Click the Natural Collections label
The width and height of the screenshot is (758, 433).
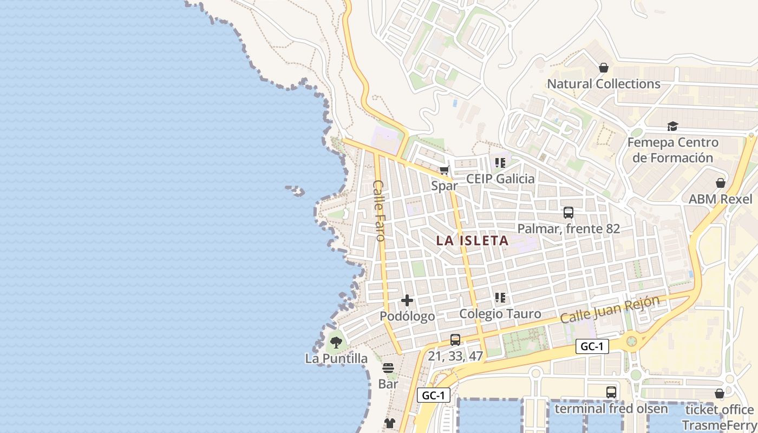click(x=603, y=84)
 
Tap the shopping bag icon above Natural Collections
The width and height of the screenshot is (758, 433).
click(x=604, y=68)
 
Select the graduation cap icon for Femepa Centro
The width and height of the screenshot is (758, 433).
click(x=672, y=126)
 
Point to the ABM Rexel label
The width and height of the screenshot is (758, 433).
click(x=720, y=199)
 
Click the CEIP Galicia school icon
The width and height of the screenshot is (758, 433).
click(x=500, y=162)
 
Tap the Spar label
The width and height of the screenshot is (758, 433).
click(x=444, y=186)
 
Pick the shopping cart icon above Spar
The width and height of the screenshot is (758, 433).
click(x=444, y=170)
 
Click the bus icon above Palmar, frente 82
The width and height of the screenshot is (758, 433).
click(x=568, y=213)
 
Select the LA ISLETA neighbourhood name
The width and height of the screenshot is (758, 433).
click(x=472, y=241)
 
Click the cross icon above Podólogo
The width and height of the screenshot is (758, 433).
click(x=407, y=300)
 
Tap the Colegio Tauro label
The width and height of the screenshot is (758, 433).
click(x=500, y=314)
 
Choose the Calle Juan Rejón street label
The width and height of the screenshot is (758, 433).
click(x=610, y=310)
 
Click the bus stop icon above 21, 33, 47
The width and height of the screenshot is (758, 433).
click(x=455, y=340)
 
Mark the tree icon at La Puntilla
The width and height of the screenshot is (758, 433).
click(x=336, y=343)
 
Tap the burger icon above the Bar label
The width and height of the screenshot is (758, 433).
click(x=388, y=369)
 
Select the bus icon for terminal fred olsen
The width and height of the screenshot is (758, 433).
click(x=611, y=392)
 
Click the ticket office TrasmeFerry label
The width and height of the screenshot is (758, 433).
click(x=718, y=417)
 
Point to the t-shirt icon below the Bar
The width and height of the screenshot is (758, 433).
click(x=389, y=423)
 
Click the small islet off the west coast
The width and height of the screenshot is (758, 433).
click(x=296, y=190)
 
